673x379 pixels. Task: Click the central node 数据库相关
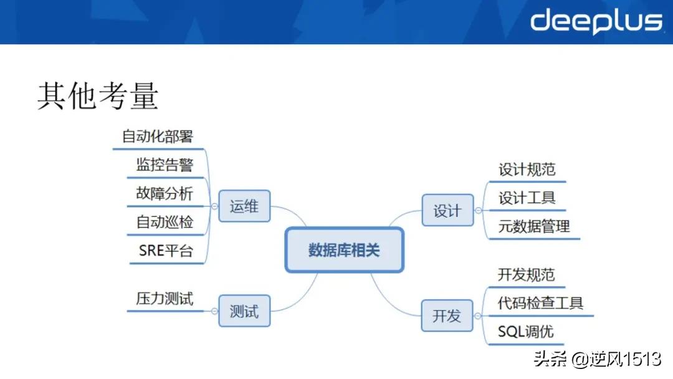coord(345,250)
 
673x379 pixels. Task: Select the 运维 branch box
coord(244,206)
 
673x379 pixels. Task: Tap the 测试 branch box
coord(244,310)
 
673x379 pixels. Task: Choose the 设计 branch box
coord(447,211)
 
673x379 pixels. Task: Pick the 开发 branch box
coord(447,315)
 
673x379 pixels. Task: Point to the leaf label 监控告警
coord(165,165)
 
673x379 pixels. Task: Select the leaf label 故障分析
coord(165,193)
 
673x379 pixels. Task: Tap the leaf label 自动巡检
coord(165,222)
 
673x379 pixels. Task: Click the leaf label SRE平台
coord(166,251)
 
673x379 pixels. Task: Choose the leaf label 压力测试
coord(165,298)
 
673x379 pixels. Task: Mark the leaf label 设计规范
coord(527,170)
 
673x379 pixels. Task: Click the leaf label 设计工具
coord(527,198)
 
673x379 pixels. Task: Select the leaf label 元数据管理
coord(534,226)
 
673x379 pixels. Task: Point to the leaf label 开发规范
coord(527,275)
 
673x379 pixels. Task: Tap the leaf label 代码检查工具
coord(540,304)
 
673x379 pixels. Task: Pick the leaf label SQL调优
coord(525,332)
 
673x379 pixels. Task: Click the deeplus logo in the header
coord(596,22)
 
